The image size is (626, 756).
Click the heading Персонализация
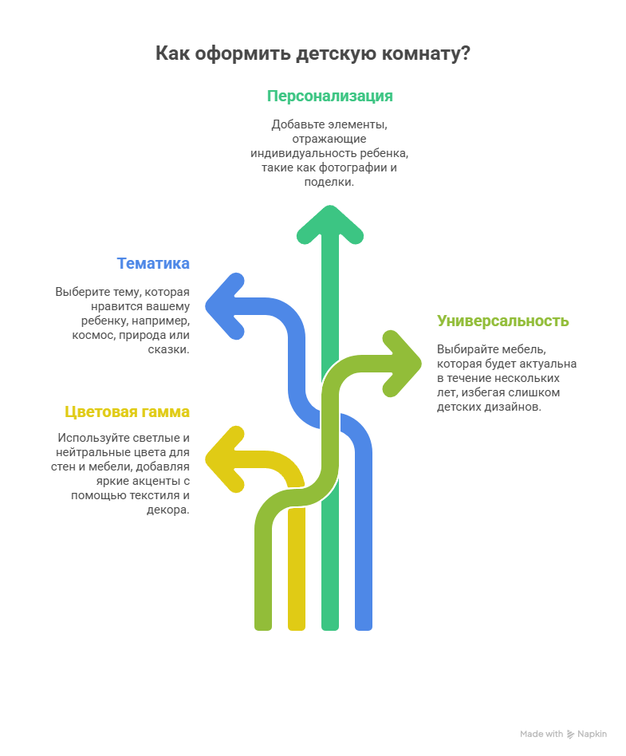tap(329, 96)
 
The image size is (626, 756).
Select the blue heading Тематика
tap(153, 263)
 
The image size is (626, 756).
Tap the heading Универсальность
tap(502, 321)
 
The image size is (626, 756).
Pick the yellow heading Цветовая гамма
tap(127, 411)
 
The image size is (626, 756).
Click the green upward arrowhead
tap(330, 223)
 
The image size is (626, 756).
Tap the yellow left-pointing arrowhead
tap(224, 458)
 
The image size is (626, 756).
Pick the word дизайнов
tap(514, 407)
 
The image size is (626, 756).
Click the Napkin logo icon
tap(571, 734)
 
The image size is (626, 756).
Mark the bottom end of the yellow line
tap(297, 624)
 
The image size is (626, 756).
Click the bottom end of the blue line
tap(364, 624)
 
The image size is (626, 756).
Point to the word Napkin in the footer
tap(593, 734)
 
